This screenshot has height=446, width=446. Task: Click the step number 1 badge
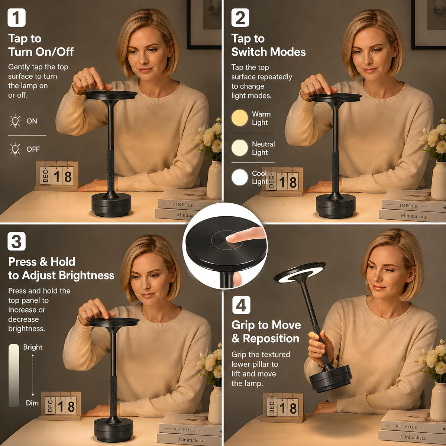(x=16, y=17)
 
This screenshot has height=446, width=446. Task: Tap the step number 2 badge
(x=240, y=17)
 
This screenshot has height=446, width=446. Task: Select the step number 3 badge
(x=16, y=241)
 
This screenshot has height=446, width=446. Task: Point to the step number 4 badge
(x=241, y=305)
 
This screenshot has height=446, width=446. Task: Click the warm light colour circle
(x=240, y=118)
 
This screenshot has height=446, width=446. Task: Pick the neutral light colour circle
(x=240, y=148)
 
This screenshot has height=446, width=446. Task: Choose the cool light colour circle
(x=240, y=177)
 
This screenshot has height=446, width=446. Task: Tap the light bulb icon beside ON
(x=15, y=121)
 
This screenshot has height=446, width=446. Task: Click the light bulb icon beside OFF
(x=15, y=149)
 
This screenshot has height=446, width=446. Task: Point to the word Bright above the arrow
(x=33, y=347)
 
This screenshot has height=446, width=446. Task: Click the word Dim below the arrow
(x=32, y=403)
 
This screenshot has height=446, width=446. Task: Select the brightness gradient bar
(x=14, y=375)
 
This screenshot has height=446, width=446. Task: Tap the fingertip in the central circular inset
(x=230, y=238)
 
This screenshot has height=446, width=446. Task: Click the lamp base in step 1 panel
(x=111, y=205)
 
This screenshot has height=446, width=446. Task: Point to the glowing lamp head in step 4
(x=299, y=273)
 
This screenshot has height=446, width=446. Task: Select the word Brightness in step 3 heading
(x=87, y=275)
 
